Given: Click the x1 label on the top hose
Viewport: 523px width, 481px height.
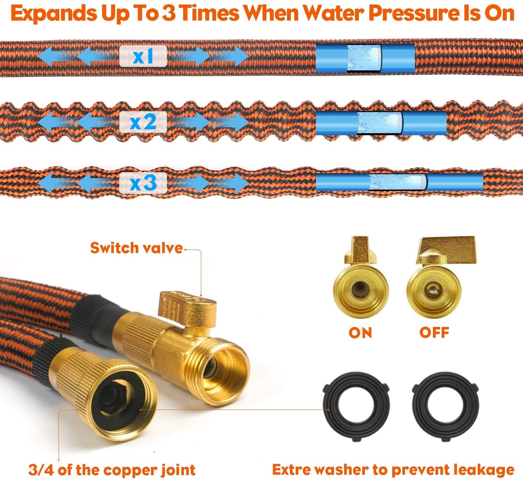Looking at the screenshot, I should tap(143, 56).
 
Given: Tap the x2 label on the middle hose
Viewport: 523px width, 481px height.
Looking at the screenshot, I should tap(143, 122).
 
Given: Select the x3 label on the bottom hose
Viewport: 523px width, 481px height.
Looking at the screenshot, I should tap(143, 183).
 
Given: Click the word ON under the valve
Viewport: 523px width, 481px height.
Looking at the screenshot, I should tap(361, 333).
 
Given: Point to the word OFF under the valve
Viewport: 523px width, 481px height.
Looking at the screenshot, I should tap(434, 333).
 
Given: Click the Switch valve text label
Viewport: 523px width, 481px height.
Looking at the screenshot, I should tap(136, 248).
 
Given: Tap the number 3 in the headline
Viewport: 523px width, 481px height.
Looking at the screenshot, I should tap(170, 13).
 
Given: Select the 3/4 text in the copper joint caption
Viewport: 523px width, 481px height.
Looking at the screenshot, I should tap(40, 470).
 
